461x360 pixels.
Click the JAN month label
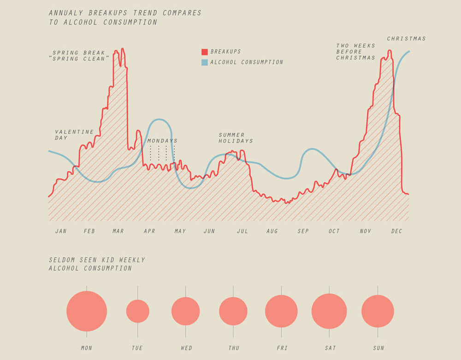61,231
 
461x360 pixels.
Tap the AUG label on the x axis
272,231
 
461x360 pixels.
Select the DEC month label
397,231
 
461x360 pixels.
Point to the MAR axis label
118,231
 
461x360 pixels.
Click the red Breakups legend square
205,52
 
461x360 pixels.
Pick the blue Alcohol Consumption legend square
205,62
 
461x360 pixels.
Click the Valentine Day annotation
74,135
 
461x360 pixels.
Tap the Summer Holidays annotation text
236,138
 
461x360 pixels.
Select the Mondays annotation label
162,141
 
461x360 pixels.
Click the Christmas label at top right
406,39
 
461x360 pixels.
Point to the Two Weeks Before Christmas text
355,52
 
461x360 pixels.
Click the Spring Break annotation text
79,56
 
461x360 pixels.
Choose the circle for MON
87,311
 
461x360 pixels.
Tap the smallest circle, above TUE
138,311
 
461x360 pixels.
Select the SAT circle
329,311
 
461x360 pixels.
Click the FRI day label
281,348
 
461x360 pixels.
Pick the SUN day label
378,348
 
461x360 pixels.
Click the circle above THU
233,311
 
